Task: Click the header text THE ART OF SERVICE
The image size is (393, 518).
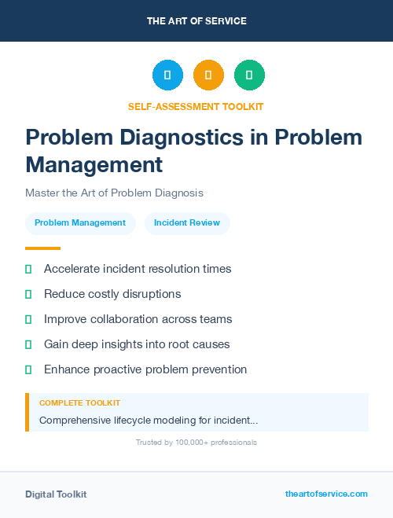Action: tap(196, 21)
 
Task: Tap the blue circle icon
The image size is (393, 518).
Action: tap(167, 75)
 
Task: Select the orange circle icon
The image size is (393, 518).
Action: tap(208, 75)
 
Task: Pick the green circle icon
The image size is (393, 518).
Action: tap(249, 75)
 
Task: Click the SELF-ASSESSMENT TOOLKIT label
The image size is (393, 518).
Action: tap(196, 106)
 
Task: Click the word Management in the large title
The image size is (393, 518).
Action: tap(94, 164)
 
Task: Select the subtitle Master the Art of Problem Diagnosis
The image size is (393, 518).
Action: tap(114, 192)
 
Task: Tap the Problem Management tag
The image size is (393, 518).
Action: tap(80, 223)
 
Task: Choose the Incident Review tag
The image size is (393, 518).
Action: tap(187, 223)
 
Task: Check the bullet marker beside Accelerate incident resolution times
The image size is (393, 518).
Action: tap(28, 269)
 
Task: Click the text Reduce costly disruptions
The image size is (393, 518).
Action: tap(112, 294)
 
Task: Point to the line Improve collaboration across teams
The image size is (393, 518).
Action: tap(138, 319)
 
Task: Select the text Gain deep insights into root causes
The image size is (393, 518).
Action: tap(137, 344)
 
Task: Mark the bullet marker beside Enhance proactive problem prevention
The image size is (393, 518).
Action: tap(28, 369)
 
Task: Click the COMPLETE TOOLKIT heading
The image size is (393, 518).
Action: tap(79, 402)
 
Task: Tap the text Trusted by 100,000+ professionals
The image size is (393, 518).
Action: tap(196, 443)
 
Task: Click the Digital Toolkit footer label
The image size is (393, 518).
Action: tap(56, 494)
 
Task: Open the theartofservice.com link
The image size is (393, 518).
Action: tap(326, 494)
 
